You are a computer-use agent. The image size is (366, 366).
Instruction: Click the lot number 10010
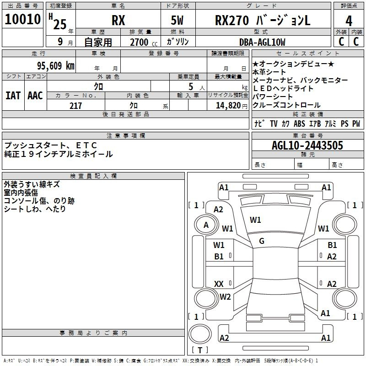(x=22, y=19)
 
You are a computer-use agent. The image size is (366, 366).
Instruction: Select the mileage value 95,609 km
(x=55, y=66)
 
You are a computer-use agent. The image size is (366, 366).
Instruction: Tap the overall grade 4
(x=349, y=21)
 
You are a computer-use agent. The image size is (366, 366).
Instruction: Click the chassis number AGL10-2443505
(x=307, y=145)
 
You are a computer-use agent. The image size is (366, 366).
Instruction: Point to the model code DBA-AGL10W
(x=262, y=42)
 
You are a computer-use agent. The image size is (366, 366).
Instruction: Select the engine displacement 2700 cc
(x=144, y=42)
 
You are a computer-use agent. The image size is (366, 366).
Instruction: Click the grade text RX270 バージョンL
(x=263, y=21)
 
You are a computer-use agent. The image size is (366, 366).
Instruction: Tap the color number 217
(x=75, y=106)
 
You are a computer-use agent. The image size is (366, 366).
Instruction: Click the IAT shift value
(x=13, y=96)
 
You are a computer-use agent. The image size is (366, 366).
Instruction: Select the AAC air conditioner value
(x=35, y=96)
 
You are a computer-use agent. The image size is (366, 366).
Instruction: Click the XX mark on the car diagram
(x=219, y=284)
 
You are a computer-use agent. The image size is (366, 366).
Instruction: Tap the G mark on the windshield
(x=262, y=241)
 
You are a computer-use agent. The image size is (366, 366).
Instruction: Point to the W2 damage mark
(x=225, y=296)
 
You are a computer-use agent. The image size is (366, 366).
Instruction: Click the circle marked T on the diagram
(x=200, y=334)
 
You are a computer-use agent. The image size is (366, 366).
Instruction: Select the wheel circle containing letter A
(x=206, y=225)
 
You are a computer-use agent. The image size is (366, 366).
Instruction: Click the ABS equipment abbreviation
(x=299, y=124)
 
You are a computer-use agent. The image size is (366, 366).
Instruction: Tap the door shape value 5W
(x=177, y=21)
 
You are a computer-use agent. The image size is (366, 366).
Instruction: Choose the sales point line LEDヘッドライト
(x=283, y=88)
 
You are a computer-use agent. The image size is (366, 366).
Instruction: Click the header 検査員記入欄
(x=93, y=176)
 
